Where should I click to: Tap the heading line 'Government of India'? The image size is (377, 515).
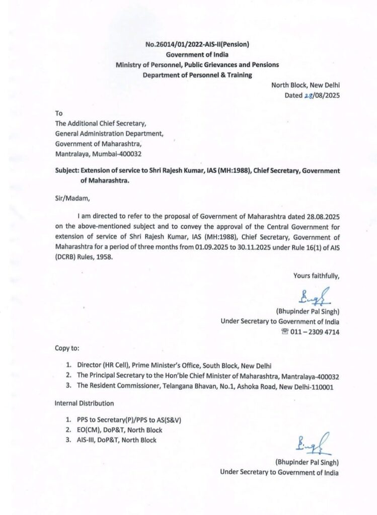(x=197, y=55)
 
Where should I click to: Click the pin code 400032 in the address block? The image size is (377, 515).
(x=136, y=153)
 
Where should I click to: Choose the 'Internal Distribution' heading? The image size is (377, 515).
(x=84, y=403)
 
